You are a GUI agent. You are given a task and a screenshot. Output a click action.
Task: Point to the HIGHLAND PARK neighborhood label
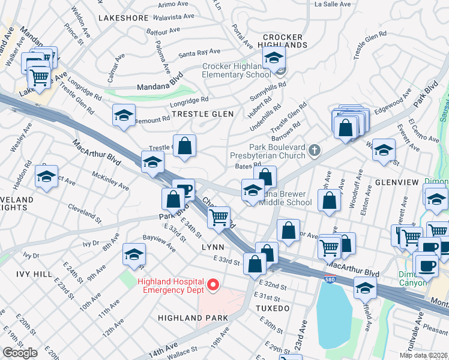tap(193, 317)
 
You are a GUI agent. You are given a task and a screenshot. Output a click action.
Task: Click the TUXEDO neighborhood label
tap(273, 308)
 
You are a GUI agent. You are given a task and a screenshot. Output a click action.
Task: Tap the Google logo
tap(20, 352)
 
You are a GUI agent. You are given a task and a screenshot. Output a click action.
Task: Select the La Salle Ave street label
tap(333, 4)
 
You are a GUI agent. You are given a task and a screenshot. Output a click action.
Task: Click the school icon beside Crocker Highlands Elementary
tap(274, 58)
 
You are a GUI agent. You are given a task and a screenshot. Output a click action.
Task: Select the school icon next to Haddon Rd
tap(46, 176)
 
